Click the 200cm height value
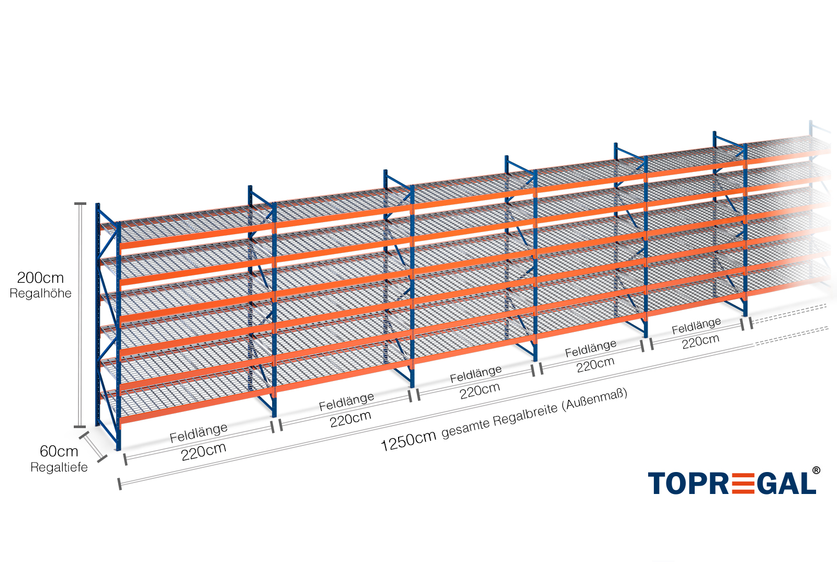40,278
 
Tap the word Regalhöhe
40,293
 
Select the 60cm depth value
59,451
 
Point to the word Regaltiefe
59,467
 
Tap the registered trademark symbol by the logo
816,471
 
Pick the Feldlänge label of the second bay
346,401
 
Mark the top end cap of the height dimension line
80,203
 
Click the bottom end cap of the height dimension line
80,427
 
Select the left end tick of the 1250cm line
120,484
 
